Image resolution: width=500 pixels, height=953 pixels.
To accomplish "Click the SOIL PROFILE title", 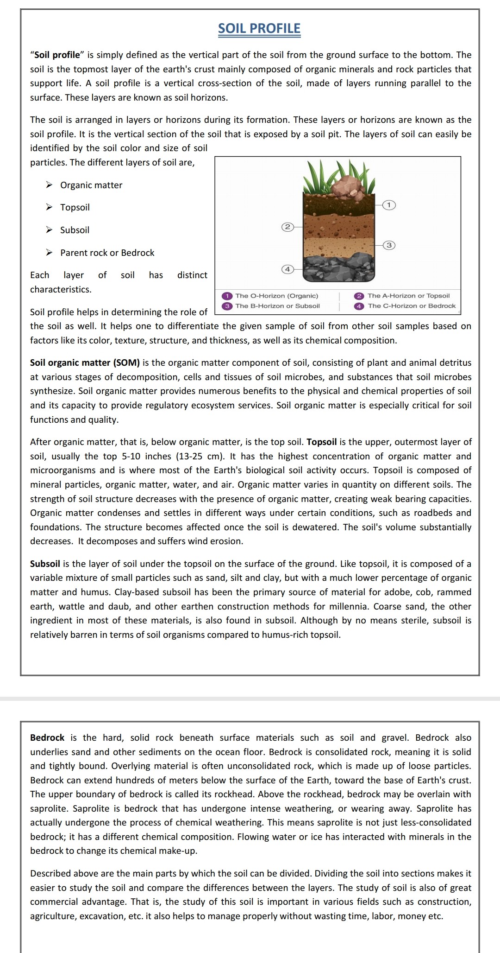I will [x=259, y=29].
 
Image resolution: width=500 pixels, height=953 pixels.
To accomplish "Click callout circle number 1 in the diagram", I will [x=389, y=204].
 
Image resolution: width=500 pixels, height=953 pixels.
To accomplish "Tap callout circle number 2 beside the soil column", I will [x=287, y=227].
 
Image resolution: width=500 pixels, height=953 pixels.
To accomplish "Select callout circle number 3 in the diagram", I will [x=389, y=245].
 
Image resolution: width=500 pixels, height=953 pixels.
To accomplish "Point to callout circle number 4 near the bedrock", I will [x=287, y=269].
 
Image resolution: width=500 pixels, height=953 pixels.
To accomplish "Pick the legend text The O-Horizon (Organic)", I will [x=276, y=296].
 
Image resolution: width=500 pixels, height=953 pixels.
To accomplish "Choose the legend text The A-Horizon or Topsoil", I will [x=408, y=296].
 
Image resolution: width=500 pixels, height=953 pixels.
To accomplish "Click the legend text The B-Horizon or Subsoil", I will [x=277, y=306].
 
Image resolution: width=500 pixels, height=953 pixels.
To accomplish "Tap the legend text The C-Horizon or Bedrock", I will [x=412, y=306].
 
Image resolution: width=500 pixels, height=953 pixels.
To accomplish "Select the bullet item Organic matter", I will [x=91, y=185].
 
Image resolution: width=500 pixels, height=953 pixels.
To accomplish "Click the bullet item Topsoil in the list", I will [x=75, y=207].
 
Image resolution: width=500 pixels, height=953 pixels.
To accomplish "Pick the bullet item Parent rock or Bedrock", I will [x=107, y=253].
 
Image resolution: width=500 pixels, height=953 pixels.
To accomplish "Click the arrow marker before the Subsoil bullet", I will [x=49, y=230].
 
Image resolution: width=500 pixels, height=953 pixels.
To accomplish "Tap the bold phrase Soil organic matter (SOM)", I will [x=85, y=362].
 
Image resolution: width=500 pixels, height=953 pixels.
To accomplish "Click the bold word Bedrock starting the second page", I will [x=47, y=737].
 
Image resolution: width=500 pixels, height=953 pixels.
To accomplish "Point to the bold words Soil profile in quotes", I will [x=57, y=55].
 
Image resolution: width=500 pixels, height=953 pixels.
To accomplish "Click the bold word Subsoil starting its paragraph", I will [x=45, y=564].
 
